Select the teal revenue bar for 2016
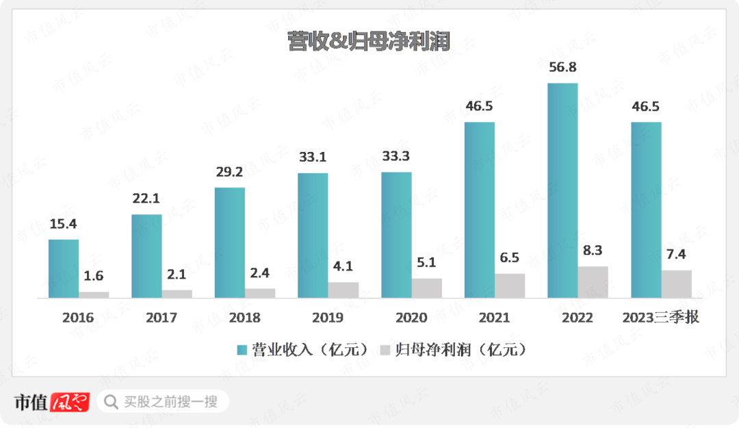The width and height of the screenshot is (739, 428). (x=64, y=268)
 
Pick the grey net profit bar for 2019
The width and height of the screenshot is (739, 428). (x=343, y=290)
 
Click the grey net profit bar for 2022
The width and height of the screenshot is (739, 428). (x=593, y=282)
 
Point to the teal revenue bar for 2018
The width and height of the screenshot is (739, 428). (x=230, y=242)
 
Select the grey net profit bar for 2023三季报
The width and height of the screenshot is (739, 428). (x=676, y=284)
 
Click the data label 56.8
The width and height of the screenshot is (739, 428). (x=562, y=68)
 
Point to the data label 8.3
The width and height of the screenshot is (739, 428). (x=593, y=251)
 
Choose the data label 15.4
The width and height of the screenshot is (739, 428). (x=63, y=224)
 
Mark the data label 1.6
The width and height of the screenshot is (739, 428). (x=94, y=277)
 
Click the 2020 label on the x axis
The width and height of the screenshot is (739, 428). (x=411, y=318)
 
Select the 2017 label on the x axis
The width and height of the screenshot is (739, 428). (x=161, y=318)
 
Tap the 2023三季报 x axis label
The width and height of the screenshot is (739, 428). (x=661, y=318)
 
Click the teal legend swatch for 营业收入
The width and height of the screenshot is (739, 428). (x=242, y=350)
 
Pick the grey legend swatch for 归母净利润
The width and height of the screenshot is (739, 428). (x=385, y=350)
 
